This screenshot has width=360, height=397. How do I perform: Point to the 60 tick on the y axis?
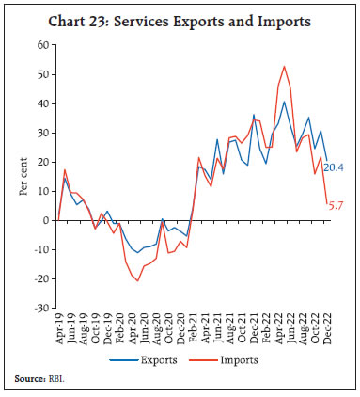(x=42, y=45)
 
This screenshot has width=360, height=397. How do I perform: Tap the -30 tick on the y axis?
(x=40, y=308)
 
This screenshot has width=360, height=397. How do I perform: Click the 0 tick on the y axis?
(x=46, y=220)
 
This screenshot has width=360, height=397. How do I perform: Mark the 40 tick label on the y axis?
(x=42, y=103)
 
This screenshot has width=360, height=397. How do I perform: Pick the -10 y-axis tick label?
(x=40, y=249)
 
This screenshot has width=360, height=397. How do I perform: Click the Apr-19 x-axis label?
(x=59, y=329)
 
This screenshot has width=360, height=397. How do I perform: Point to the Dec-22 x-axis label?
(x=326, y=329)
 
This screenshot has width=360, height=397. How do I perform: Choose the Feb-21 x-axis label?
(x=193, y=329)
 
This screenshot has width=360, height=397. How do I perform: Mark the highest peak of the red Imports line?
(x=284, y=66)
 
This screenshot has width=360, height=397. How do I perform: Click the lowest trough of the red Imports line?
(x=138, y=280)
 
